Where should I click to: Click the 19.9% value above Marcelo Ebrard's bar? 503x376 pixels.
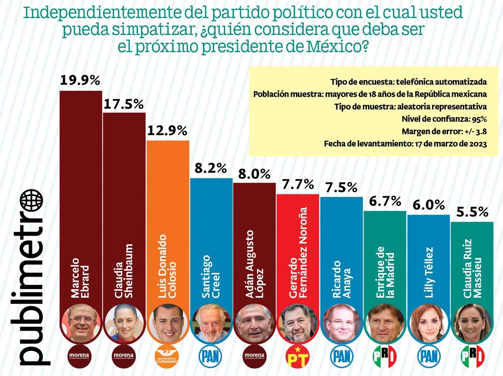[x=80, y=80]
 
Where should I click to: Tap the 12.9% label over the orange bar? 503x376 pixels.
[x=167, y=130]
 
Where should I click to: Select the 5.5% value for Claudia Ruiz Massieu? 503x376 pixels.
[x=472, y=212]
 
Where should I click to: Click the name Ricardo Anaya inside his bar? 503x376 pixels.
[x=341, y=279]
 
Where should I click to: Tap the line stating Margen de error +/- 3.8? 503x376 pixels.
[x=444, y=132]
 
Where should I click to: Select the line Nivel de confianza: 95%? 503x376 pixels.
[x=444, y=119]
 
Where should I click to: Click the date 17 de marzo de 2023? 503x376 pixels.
[x=451, y=144]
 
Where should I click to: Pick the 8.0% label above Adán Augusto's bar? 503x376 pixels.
[x=254, y=174]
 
